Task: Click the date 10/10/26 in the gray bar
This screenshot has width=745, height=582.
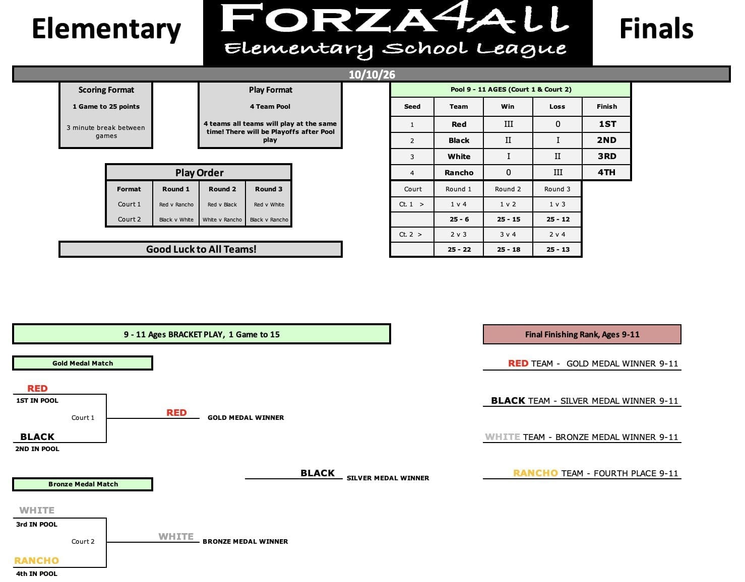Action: [x=371, y=75]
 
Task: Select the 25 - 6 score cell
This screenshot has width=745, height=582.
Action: [x=459, y=219]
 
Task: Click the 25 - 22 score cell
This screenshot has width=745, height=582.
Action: [x=459, y=249]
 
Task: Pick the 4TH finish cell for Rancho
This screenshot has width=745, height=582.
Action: [x=606, y=172]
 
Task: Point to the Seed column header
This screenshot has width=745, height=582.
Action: [x=412, y=106]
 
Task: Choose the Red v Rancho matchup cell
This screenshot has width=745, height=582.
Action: [x=176, y=204]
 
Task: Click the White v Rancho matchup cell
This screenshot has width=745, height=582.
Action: [x=222, y=220]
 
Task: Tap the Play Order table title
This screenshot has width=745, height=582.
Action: [x=199, y=173]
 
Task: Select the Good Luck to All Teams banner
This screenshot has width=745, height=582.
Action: [x=201, y=249]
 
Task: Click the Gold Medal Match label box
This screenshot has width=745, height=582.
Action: [x=83, y=363]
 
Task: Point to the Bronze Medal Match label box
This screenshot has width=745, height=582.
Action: [x=83, y=484]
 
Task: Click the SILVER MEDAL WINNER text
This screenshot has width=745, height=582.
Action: [x=388, y=478]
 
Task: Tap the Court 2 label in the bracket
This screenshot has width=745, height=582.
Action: [x=83, y=541]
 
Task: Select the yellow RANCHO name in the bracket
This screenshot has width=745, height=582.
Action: [x=37, y=560]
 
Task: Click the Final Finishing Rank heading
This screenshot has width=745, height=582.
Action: [x=582, y=334]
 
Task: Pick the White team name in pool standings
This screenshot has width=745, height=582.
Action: [x=459, y=157]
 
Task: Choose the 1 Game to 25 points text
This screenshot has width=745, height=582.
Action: [x=106, y=106]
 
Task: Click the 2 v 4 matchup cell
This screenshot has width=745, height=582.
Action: [x=557, y=235]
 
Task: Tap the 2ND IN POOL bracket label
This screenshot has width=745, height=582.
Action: [x=37, y=449]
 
